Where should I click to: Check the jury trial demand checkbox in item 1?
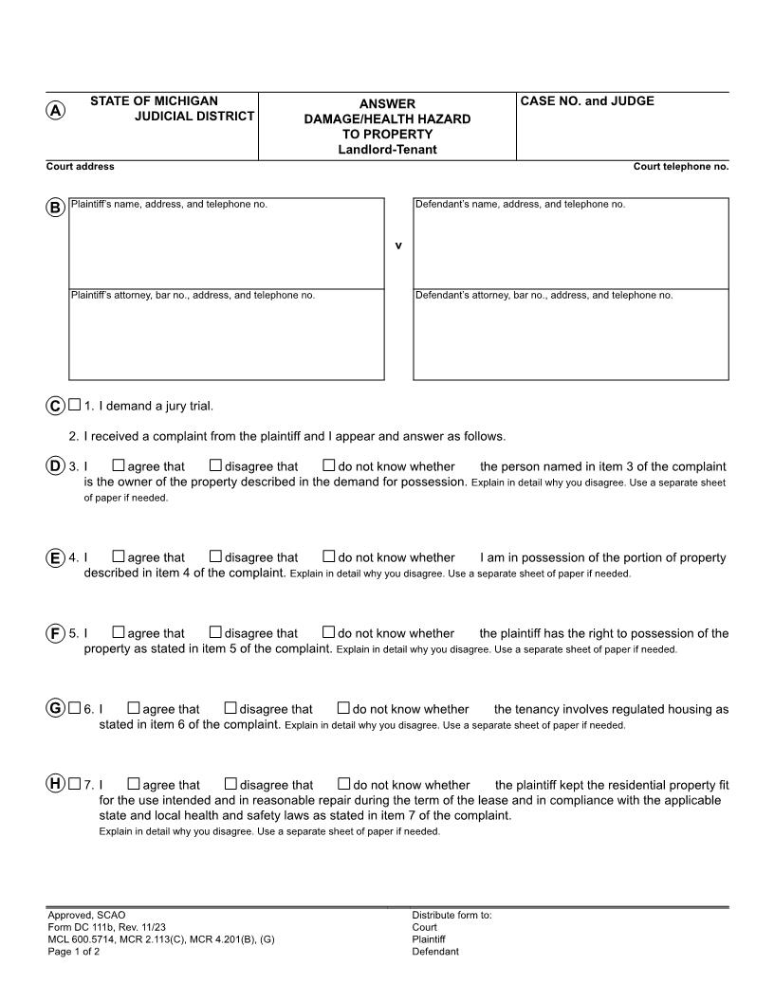(75, 406)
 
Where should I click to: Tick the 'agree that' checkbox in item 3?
(119, 465)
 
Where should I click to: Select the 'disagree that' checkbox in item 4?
(215, 557)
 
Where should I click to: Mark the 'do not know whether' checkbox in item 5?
(329, 632)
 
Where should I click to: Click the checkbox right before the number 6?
(75, 708)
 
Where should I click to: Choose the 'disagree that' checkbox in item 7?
(230, 784)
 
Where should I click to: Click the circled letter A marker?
(56, 110)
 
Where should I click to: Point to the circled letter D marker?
(56, 465)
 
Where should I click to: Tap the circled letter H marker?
(56, 783)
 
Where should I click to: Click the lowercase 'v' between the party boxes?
(398, 246)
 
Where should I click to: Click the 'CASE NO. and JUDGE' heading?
(587, 101)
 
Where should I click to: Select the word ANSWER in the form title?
(387, 103)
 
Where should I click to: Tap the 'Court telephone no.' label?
(681, 167)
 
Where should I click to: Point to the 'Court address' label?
(81, 167)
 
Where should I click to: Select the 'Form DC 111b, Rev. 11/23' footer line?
(105, 927)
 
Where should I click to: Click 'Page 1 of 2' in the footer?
(74, 952)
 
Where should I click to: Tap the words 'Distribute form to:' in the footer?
(451, 915)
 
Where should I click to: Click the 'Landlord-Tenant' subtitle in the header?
(387, 150)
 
